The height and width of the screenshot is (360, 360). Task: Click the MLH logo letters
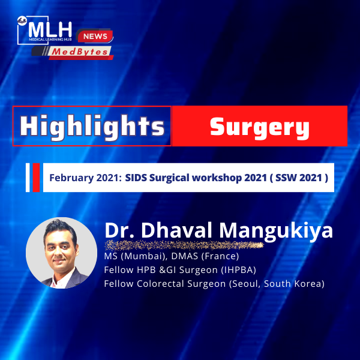tap(50, 29)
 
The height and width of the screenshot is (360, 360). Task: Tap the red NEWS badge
tap(95, 36)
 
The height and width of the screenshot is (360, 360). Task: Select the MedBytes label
tap(80, 52)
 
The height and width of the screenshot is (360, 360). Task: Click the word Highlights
tap(92, 126)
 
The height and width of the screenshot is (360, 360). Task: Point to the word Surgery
tap(260, 127)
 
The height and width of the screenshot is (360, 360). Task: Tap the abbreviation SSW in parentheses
tap(286, 178)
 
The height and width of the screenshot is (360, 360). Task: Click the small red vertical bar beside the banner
tap(36, 178)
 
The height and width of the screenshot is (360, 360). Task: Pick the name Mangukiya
tap(276, 231)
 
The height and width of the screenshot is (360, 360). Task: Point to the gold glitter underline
tap(184, 245)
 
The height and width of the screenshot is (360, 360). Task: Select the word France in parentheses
tap(220, 256)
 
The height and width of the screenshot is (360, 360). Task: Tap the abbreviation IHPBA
tap(238, 270)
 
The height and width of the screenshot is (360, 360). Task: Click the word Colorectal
tap(161, 284)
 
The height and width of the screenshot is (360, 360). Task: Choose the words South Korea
tap(292, 284)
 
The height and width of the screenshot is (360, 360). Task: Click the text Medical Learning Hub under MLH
tap(50, 40)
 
